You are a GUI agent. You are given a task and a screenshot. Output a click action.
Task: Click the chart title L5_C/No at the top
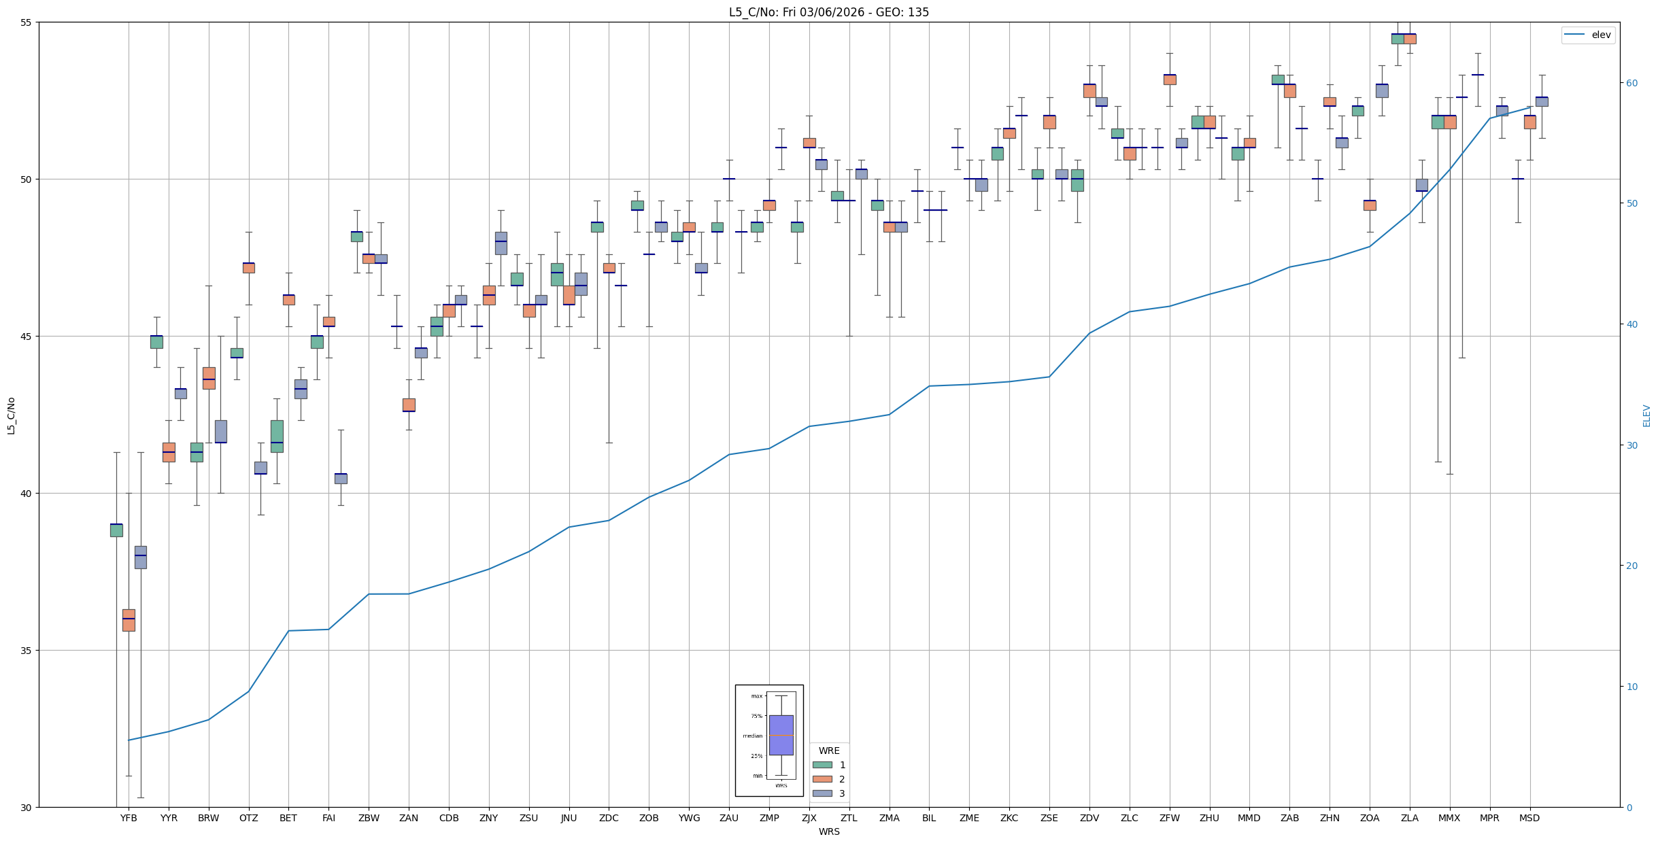coord(828,12)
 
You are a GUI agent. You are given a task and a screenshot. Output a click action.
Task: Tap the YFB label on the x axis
coord(129,818)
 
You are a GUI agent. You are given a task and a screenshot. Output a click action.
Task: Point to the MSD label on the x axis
coord(1529,818)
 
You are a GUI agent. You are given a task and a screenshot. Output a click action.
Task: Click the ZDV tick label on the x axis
coord(1089,818)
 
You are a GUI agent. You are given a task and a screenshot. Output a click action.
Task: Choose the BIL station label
coord(929,818)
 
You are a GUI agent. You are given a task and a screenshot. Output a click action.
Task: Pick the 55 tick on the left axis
coord(27,22)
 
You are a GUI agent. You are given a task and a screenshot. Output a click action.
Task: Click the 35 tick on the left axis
coord(27,651)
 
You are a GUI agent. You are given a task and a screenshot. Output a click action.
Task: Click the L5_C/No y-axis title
coord(11,415)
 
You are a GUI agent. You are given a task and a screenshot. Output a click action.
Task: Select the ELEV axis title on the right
coord(1646,415)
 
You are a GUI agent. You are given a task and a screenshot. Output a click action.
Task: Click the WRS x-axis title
coord(828,831)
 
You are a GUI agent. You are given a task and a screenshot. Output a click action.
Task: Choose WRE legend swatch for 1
coord(822,765)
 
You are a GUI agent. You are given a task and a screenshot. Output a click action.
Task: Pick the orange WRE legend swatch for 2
coord(822,779)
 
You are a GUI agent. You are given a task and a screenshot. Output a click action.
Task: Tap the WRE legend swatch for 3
coord(822,793)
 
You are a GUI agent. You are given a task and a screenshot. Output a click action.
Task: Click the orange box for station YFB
coord(129,620)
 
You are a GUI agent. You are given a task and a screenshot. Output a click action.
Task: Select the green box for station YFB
coord(116,530)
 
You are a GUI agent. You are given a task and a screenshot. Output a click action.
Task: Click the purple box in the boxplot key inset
coord(781,735)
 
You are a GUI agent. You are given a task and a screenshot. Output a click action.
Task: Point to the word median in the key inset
coord(752,736)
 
